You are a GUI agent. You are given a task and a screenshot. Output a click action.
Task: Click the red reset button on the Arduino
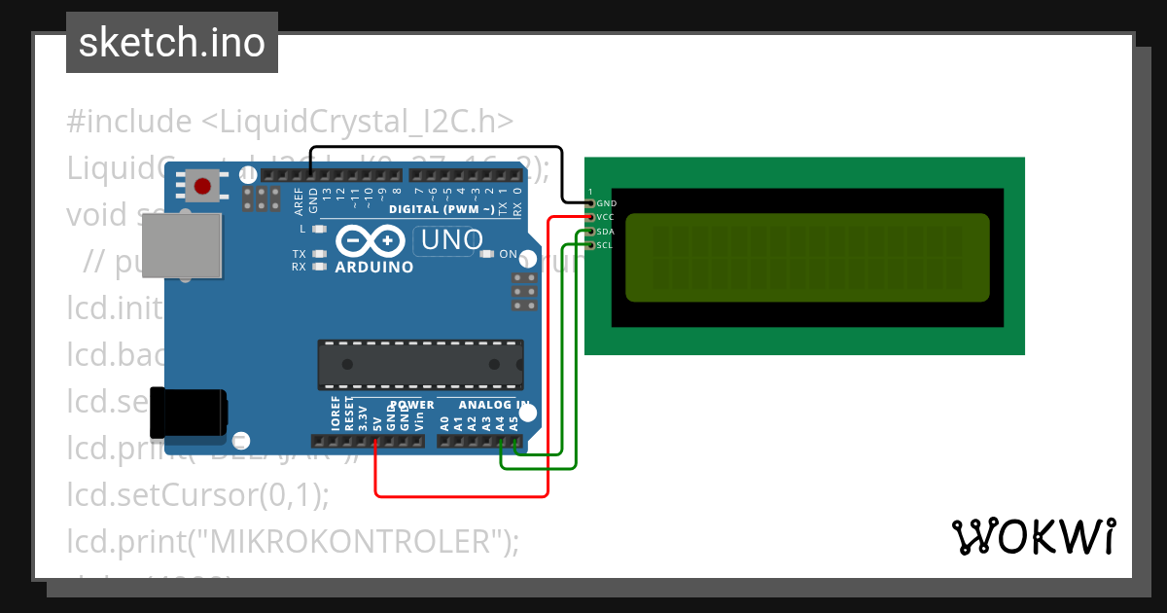(203, 186)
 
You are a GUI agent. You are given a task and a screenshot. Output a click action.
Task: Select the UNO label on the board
(448, 239)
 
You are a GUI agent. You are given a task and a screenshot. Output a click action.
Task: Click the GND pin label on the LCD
(607, 203)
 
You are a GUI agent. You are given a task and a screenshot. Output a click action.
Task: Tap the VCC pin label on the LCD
(606, 217)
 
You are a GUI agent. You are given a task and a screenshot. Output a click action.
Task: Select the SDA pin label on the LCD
(606, 232)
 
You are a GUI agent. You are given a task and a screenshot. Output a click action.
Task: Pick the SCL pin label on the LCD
(605, 245)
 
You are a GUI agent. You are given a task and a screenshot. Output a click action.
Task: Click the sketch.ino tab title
(172, 43)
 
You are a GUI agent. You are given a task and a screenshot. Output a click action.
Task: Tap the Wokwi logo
(1033, 536)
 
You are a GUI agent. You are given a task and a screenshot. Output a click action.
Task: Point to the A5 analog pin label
(513, 423)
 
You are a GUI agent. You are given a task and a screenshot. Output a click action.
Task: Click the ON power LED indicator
(487, 254)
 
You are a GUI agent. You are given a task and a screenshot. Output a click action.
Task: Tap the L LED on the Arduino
(318, 229)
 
